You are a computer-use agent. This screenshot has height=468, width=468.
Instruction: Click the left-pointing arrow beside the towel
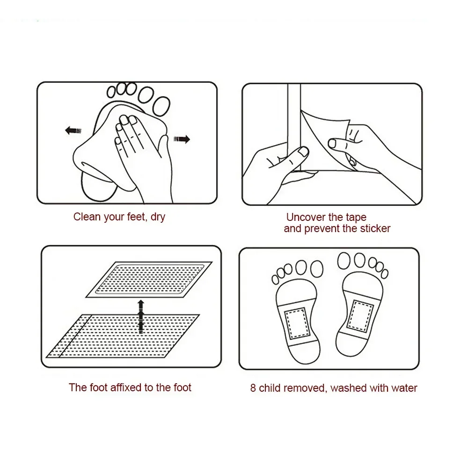(x=72, y=131)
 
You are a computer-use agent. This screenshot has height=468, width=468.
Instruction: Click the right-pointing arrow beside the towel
(x=182, y=139)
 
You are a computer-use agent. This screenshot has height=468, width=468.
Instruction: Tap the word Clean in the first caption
(x=87, y=217)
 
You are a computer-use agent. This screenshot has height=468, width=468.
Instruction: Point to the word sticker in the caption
(x=375, y=229)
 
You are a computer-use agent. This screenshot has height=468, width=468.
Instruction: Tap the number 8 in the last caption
(x=253, y=388)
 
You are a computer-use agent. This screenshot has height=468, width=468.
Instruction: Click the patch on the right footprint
(x=362, y=314)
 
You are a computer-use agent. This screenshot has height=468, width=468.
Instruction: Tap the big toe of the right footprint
(x=345, y=260)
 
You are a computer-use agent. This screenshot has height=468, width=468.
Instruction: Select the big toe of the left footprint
(x=314, y=268)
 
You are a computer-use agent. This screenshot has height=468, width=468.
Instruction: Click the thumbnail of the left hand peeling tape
(x=303, y=152)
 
